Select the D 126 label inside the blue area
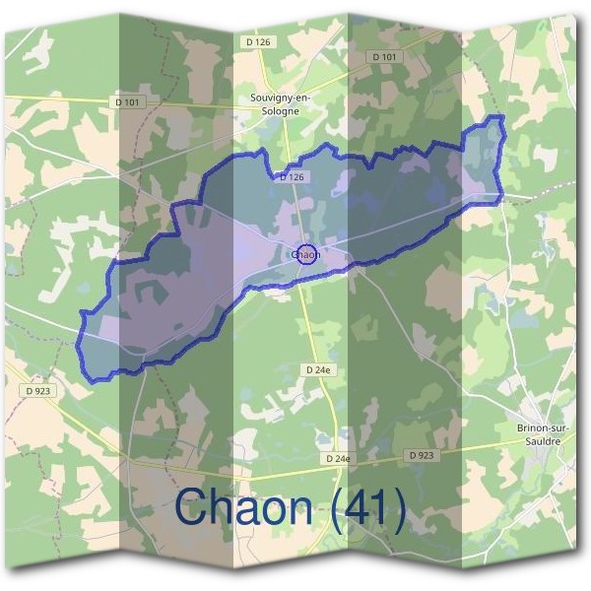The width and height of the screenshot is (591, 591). click(292, 177)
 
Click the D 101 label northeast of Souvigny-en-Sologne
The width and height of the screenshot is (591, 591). click(386, 57)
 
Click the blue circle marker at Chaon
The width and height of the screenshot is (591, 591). click(306, 254)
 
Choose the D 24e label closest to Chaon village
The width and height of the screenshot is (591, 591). click(317, 368)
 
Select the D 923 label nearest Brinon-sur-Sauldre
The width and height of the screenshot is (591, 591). click(421, 456)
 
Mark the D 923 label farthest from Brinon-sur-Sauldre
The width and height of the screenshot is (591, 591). click(37, 390)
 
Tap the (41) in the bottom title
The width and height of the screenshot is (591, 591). click(367, 509)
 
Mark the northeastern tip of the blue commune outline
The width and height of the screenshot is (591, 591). click(499, 117)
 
